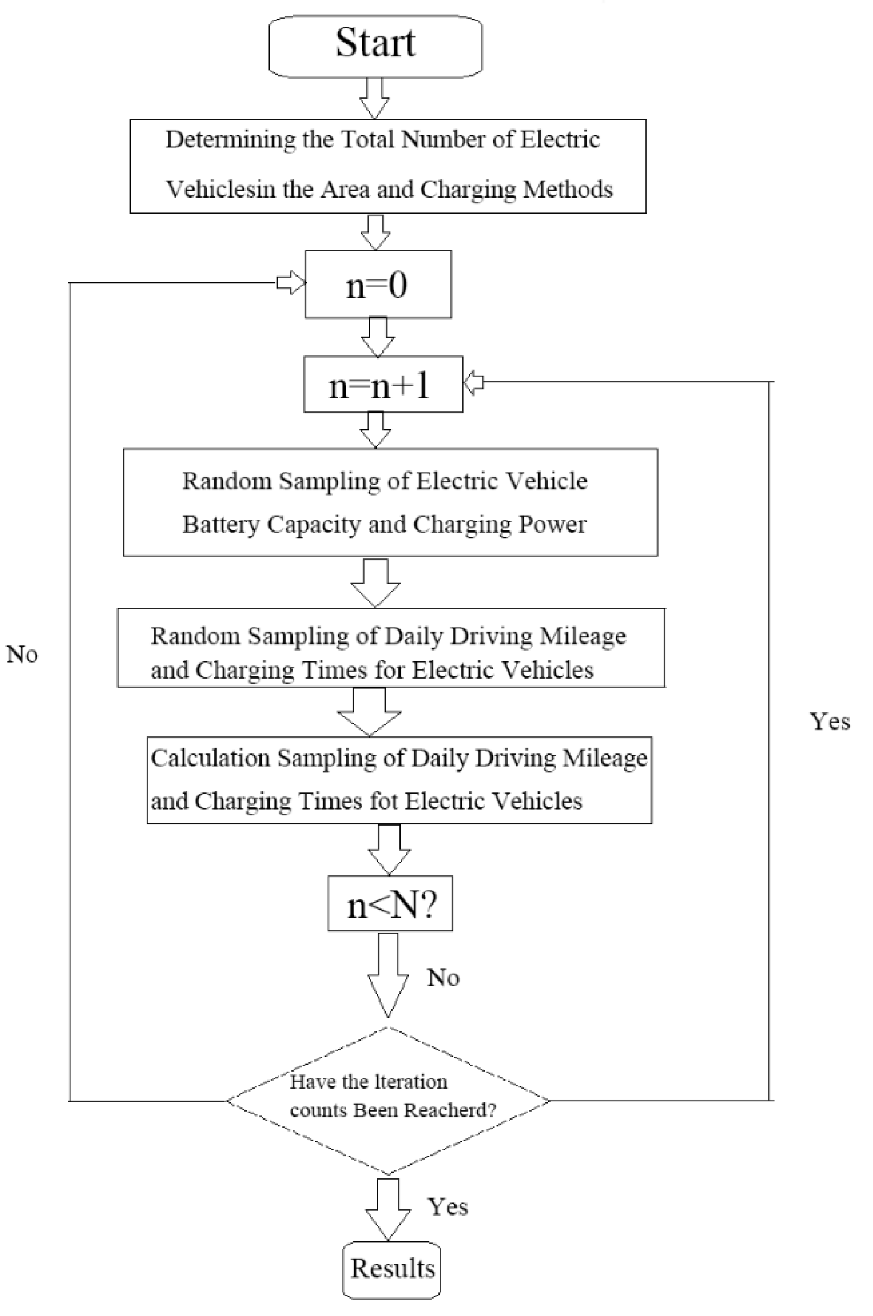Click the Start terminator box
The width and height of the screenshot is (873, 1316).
375,46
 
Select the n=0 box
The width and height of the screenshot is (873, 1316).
378,285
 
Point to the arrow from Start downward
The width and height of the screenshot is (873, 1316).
374,98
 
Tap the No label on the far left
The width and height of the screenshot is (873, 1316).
22,655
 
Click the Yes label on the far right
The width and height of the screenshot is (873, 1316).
830,722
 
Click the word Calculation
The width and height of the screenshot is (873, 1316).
210,758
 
